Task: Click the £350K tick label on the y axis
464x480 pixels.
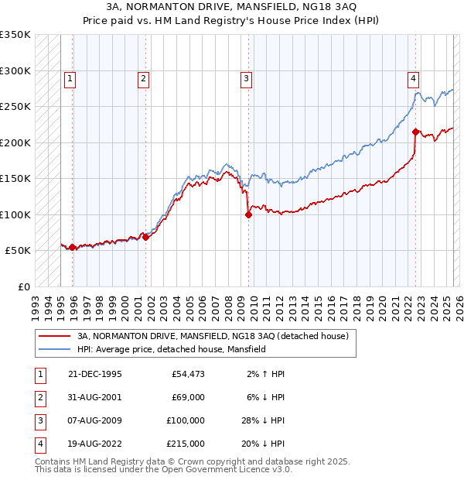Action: [15, 35]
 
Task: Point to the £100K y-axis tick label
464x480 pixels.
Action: [15, 214]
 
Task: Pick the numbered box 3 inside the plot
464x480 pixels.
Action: [246, 77]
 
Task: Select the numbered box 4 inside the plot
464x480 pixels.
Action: [414, 77]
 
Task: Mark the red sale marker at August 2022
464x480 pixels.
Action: [415, 132]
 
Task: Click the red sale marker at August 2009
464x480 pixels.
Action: [248, 215]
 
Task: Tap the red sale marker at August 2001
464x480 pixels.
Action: [145, 237]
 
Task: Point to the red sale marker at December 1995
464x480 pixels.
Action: [73, 248]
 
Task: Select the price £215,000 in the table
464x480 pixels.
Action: [186, 444]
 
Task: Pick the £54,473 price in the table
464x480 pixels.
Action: [187, 374]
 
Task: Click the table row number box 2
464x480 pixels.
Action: [38, 397]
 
